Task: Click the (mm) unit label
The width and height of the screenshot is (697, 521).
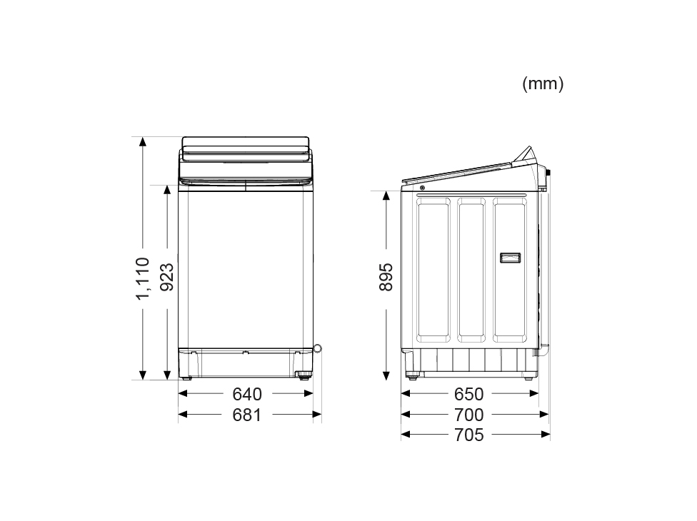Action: point(543,84)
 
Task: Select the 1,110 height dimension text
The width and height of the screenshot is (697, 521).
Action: point(143,278)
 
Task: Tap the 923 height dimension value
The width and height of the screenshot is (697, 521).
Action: point(166,277)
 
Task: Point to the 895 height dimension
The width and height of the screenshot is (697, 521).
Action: point(386,277)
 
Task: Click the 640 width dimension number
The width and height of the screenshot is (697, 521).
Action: point(247,394)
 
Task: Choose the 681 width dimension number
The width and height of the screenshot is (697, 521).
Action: point(246,415)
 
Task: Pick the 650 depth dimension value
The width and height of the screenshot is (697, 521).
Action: point(469,394)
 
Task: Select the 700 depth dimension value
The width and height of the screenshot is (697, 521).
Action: point(469,415)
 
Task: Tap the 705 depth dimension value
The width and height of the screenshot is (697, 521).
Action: point(469,435)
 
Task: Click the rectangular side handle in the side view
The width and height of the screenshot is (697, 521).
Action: point(511,258)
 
